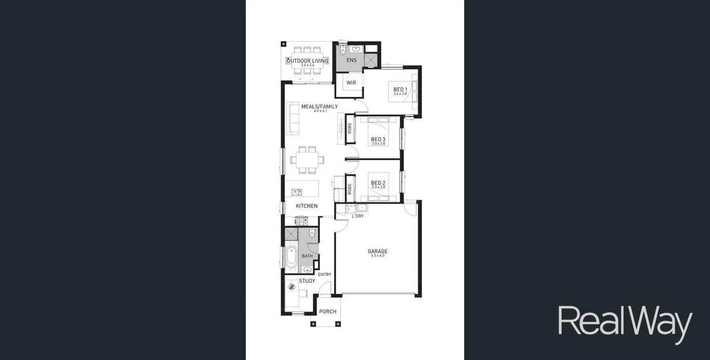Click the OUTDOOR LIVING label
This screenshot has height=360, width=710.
click(x=307, y=61)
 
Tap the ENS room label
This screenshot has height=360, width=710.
click(x=351, y=60)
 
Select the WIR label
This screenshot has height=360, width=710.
click(x=351, y=83)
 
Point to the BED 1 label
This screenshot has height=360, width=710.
click(x=400, y=90)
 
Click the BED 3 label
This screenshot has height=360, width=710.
click(x=378, y=140)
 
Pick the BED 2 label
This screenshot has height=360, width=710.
click(x=378, y=183)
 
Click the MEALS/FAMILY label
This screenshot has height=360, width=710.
click(x=319, y=107)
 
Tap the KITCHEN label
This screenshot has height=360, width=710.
click(x=307, y=206)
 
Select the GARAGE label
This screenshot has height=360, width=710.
click(x=377, y=251)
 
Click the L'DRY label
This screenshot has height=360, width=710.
click(x=358, y=216)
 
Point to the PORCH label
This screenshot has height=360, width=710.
click(x=328, y=312)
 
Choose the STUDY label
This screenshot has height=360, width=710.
click(x=307, y=281)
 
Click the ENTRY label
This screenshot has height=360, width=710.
click(x=325, y=275)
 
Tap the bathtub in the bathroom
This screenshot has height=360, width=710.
click(x=291, y=257)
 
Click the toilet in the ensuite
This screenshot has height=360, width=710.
click(x=342, y=50)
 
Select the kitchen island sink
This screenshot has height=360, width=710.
click(x=297, y=192)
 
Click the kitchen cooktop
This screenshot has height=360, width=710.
click(x=301, y=221)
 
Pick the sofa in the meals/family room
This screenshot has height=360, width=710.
click(x=293, y=119)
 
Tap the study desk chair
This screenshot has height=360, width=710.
click(x=303, y=293)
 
